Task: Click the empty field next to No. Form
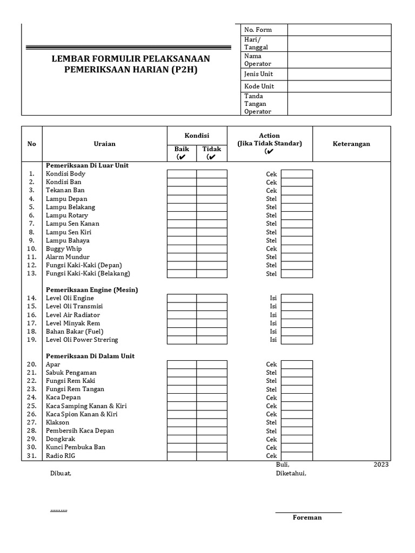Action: tap(339, 30)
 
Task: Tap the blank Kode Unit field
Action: tap(339, 86)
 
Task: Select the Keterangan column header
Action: tap(351, 144)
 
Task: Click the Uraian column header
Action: tap(104, 144)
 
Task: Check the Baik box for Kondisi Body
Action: tap(182, 174)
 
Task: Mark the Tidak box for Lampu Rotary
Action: tap(212, 215)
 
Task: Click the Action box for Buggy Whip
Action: tap(297, 248)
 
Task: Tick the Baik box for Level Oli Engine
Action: tap(182, 298)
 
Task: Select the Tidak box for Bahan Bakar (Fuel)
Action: tap(212, 332)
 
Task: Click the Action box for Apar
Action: tap(297, 365)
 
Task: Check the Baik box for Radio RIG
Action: tap(182, 456)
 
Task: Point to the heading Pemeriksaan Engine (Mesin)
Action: tap(92, 290)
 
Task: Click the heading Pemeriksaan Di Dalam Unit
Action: tap(90, 356)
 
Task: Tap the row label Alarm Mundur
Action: tap(68, 257)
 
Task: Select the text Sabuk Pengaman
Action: tap(71, 373)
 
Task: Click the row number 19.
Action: tap(32, 340)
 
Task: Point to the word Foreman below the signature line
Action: tap(307, 517)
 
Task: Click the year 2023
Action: tap(380, 465)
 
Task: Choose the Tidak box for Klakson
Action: tap(212, 422)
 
